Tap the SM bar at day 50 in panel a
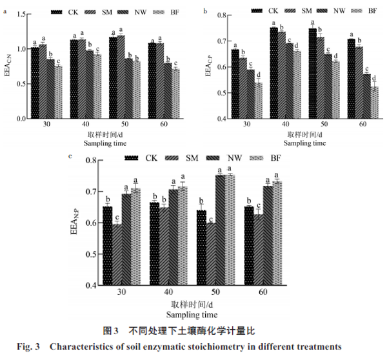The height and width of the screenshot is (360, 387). [x=121, y=76]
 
